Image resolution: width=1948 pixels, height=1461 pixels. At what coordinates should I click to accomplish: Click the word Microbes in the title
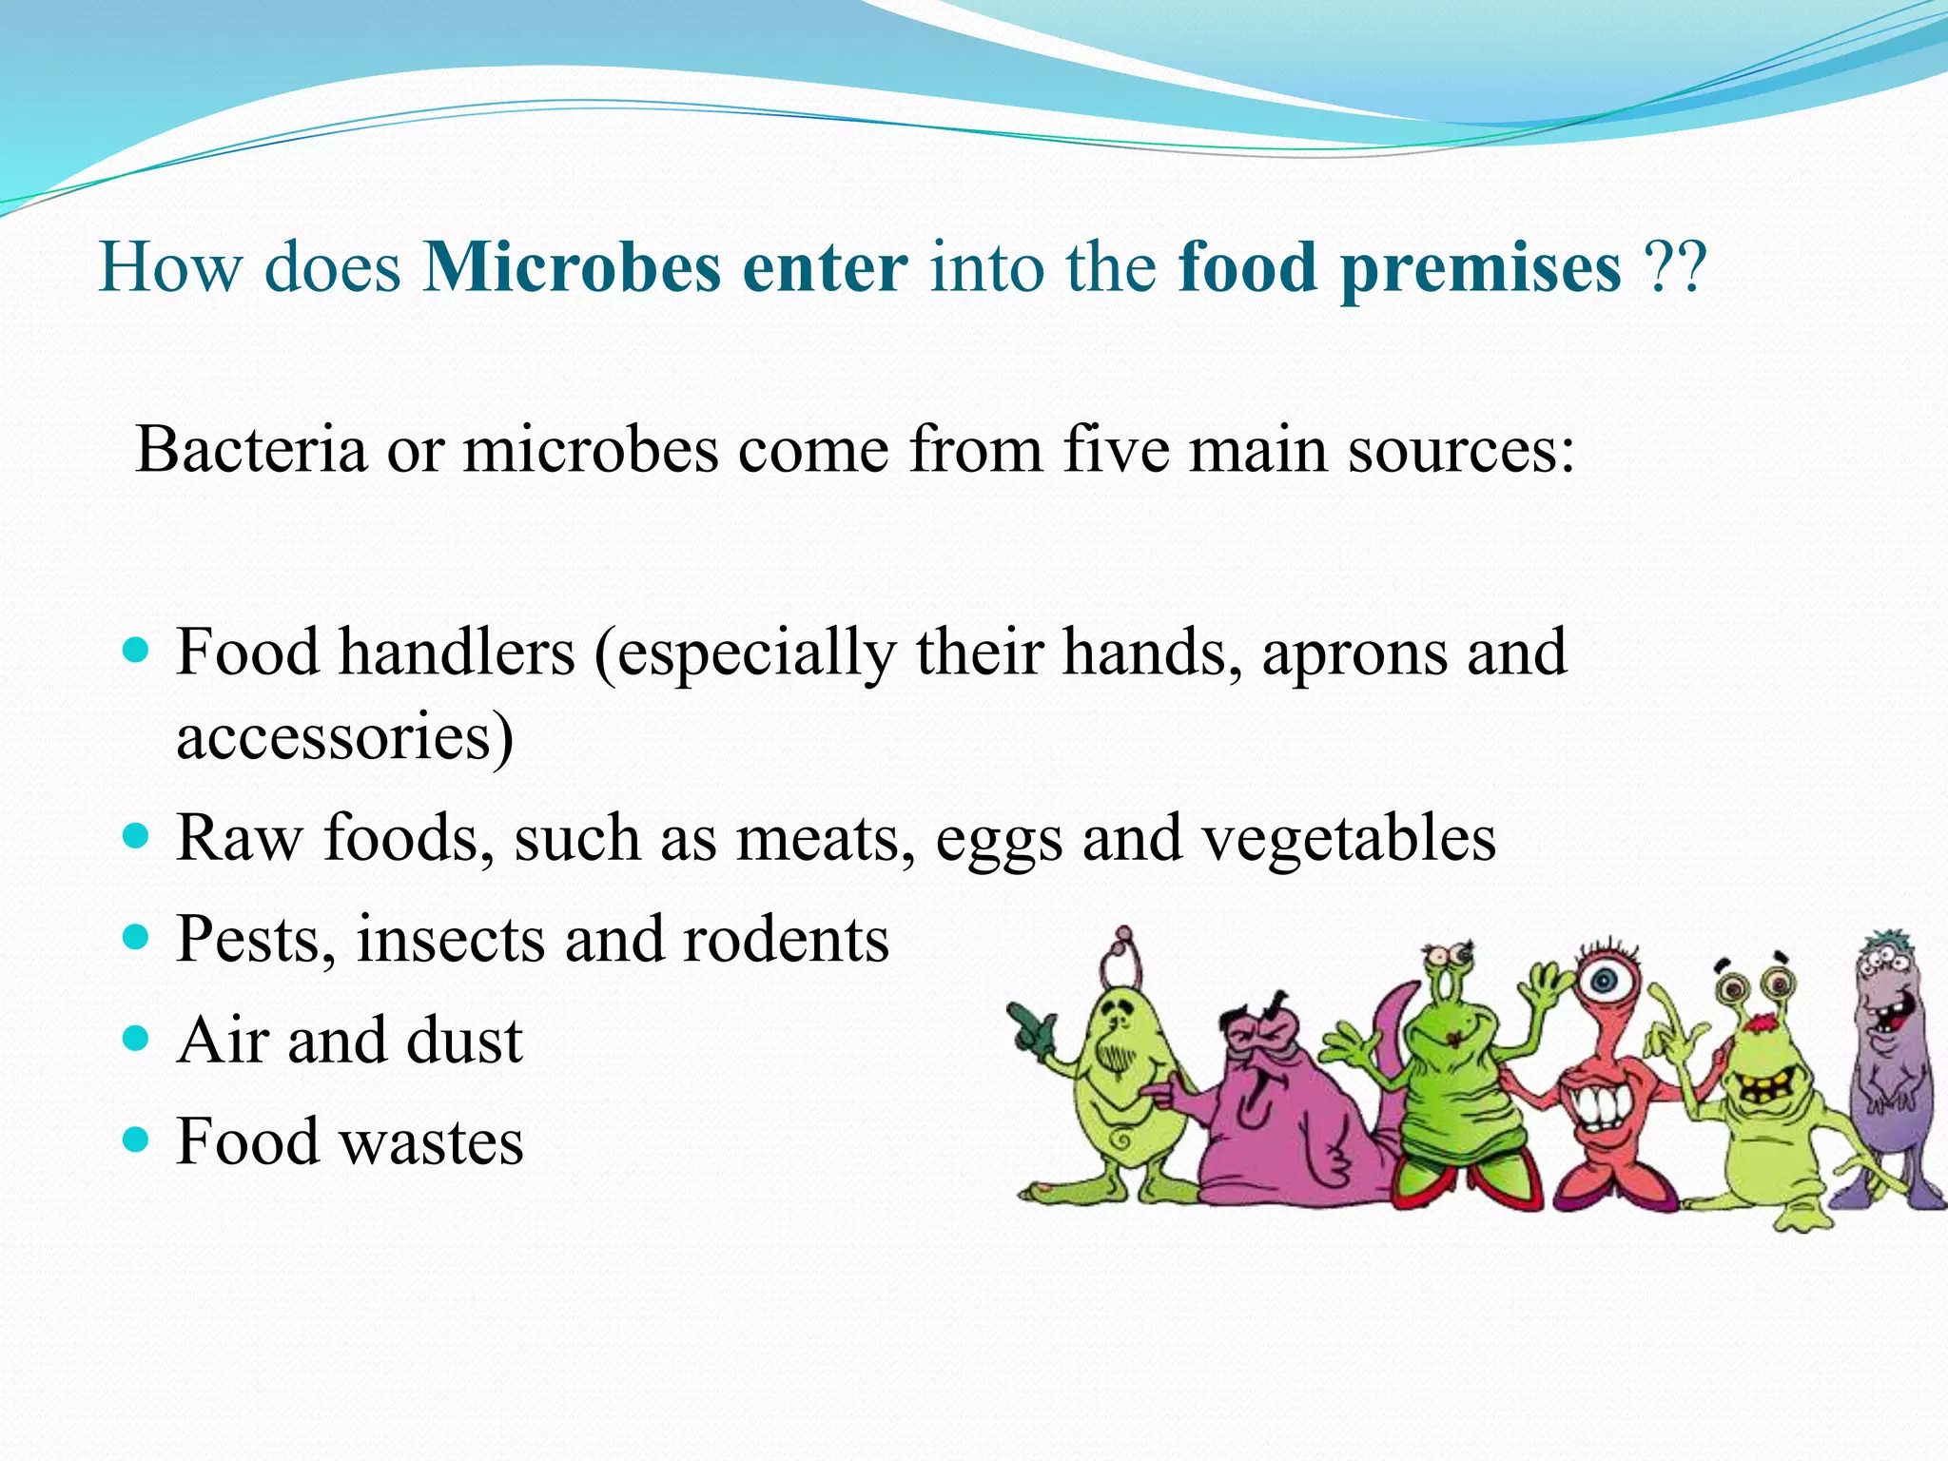[572, 267]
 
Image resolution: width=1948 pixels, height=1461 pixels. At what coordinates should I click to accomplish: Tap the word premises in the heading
[1481, 269]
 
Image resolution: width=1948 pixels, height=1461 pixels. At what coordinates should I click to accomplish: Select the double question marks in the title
[1676, 267]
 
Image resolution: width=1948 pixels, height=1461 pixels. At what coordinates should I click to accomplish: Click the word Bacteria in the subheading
[251, 449]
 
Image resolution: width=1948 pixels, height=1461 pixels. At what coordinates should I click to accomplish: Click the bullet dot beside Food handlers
[138, 651]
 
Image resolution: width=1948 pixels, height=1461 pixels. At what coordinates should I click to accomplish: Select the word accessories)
[344, 737]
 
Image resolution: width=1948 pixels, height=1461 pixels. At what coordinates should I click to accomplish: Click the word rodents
[786, 940]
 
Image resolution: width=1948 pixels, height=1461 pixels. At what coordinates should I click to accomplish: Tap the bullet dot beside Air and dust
[138, 1037]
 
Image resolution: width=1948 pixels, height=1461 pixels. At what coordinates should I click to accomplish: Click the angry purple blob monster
[1275, 1113]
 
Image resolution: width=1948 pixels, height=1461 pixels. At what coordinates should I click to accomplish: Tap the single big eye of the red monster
[1606, 980]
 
